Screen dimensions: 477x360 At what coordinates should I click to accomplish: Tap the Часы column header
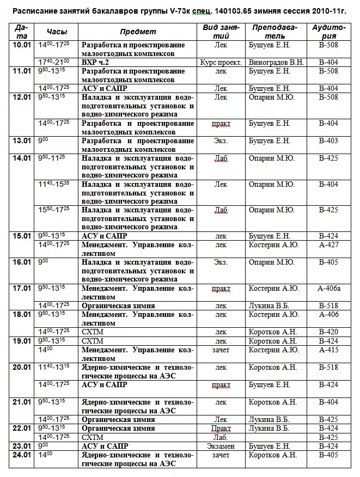click(57, 32)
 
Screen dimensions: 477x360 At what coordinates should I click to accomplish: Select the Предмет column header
click(138, 32)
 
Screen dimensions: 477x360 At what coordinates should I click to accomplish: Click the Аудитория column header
click(328, 32)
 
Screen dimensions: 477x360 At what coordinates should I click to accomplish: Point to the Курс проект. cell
click(221, 63)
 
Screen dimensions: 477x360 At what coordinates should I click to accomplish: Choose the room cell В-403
click(328, 141)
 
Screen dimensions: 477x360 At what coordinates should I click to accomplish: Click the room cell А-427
click(328, 245)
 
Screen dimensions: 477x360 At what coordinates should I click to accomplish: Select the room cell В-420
click(328, 332)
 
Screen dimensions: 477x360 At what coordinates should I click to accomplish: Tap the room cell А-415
click(328, 350)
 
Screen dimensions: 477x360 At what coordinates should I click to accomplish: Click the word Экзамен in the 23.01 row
click(221, 446)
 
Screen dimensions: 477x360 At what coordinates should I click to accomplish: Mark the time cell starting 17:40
click(54, 63)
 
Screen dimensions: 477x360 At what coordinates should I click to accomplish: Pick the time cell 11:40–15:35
click(54, 185)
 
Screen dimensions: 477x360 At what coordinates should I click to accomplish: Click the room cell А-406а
click(328, 289)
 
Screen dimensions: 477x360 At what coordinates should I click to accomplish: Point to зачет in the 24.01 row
click(221, 455)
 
